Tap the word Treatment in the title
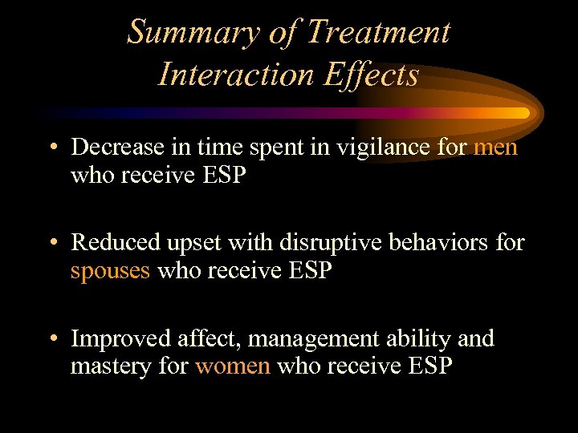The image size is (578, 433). click(x=378, y=32)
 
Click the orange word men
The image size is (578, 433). click(x=495, y=148)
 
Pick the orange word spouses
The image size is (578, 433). click(x=110, y=271)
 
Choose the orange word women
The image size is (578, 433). click(x=233, y=366)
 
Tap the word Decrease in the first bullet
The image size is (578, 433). click(x=110, y=148)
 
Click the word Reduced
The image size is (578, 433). click(x=108, y=243)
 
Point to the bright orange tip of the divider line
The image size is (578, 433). click(x=522, y=113)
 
